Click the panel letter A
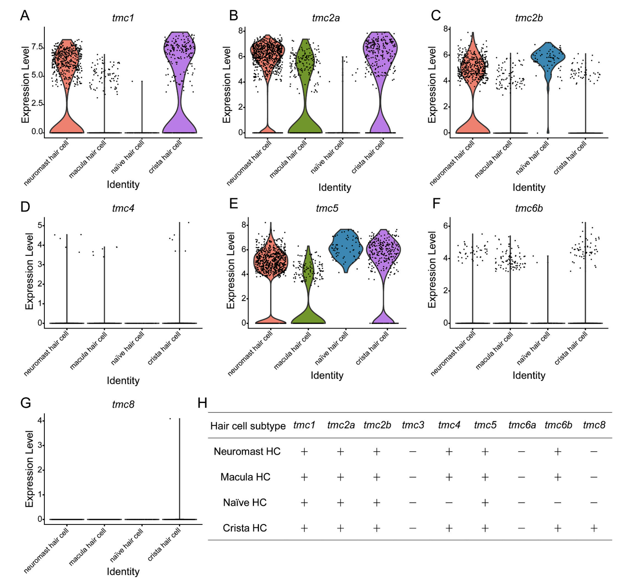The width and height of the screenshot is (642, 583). pos(25,16)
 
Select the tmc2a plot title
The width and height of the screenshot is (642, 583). pos(326,18)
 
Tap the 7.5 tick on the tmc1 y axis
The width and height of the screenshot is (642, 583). pos(37,47)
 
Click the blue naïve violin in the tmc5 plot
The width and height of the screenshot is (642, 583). pos(346,249)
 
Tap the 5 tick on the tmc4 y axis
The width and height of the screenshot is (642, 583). pos(40,226)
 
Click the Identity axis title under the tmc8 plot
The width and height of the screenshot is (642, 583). pos(123,571)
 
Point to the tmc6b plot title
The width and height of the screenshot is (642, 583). pos(529,208)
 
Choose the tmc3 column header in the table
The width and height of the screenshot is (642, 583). pos(413,425)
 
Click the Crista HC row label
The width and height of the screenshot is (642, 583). pos(245,528)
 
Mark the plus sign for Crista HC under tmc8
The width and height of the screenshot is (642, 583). pos(594,528)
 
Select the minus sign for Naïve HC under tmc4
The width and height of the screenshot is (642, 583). pos(449,503)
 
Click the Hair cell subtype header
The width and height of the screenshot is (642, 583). pos(248,426)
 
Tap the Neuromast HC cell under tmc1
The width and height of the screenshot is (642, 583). pos(304,452)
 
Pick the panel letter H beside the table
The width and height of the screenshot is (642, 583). pos(202,403)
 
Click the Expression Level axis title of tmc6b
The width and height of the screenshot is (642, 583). pos(432,269)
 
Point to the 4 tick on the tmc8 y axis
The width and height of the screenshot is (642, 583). pos(40,421)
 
